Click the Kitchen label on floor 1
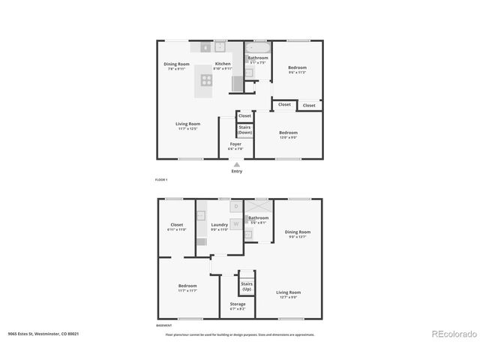coord(223,64)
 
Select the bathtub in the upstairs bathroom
coord(258,46)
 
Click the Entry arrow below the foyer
coord(237,164)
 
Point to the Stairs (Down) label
coord(244,130)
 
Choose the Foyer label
coord(235,145)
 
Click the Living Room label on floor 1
coord(187,125)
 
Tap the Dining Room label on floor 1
coord(178,64)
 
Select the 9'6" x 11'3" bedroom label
coord(297,70)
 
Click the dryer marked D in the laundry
coord(235,205)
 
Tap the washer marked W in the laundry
coord(235,223)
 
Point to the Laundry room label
coord(219,226)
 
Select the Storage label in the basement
coord(237,305)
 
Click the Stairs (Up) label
coord(246,286)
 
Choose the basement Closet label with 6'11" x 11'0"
coord(176,226)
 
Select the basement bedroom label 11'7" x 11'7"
coord(187,287)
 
